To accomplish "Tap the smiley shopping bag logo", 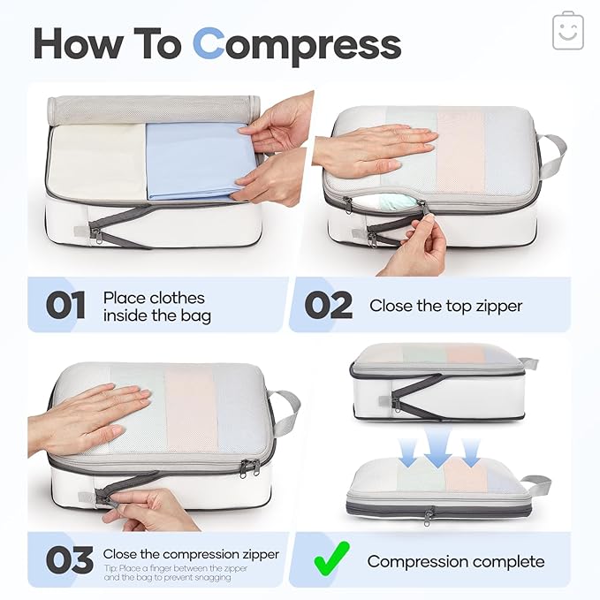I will click(x=567, y=31).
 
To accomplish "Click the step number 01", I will click(x=65, y=306).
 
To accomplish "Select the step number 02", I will click(x=329, y=306).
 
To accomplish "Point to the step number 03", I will click(x=69, y=560).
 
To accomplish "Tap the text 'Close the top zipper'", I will click(x=445, y=306).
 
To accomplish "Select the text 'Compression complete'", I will click(x=456, y=561).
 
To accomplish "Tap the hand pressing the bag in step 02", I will click(x=376, y=147).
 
